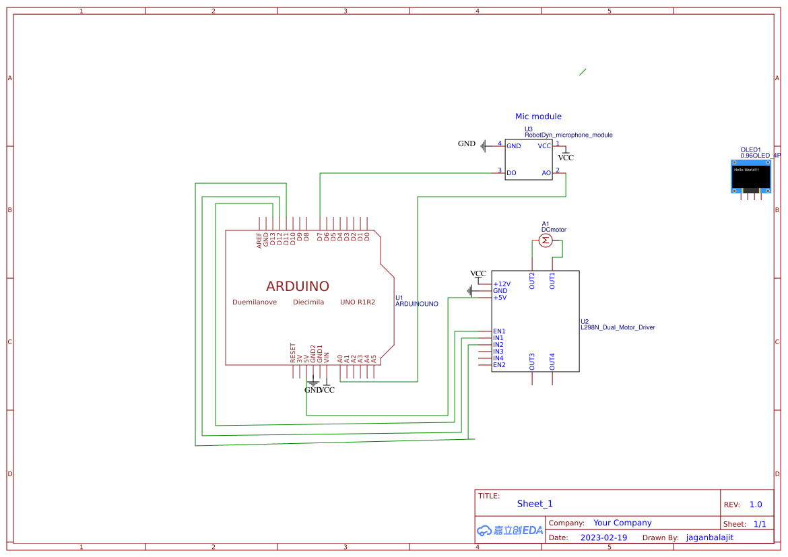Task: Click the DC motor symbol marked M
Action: pos(546,240)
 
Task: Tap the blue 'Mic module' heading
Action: pos(538,117)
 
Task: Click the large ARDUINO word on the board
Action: pos(298,286)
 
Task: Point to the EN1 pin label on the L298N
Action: pos(499,331)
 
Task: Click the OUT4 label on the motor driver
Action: pos(552,362)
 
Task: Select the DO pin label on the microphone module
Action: pos(511,173)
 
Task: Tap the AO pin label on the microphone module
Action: pos(546,173)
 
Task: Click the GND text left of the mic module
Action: pos(467,143)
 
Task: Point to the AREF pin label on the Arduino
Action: pos(259,241)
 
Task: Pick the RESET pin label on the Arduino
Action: pos(293,353)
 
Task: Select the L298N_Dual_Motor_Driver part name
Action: pos(618,327)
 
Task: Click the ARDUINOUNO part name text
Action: pos(416,304)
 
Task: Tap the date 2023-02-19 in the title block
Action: pos(603,537)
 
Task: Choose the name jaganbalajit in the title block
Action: pos(709,537)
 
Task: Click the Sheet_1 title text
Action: pos(535,504)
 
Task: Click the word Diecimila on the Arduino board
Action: pos(308,302)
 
